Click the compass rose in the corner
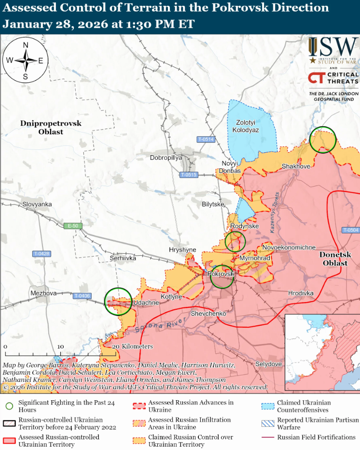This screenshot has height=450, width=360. click(x=25, y=60)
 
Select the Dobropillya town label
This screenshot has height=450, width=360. click(x=166, y=158)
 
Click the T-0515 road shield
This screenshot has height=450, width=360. click(x=189, y=174)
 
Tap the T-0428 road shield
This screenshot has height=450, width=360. click(x=42, y=254)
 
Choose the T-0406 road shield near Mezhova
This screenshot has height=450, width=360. click(x=82, y=296)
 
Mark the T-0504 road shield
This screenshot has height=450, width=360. click(x=350, y=230)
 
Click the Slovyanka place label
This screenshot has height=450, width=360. click(x=37, y=204)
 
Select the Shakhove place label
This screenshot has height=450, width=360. click(x=296, y=166)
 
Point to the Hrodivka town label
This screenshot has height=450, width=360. click(x=301, y=293)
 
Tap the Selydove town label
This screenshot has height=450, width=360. click(x=269, y=363)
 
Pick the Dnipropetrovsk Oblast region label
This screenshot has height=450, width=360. click(x=51, y=128)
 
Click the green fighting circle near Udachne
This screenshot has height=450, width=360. click(x=118, y=301)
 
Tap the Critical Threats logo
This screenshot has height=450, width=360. click(x=333, y=78)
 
